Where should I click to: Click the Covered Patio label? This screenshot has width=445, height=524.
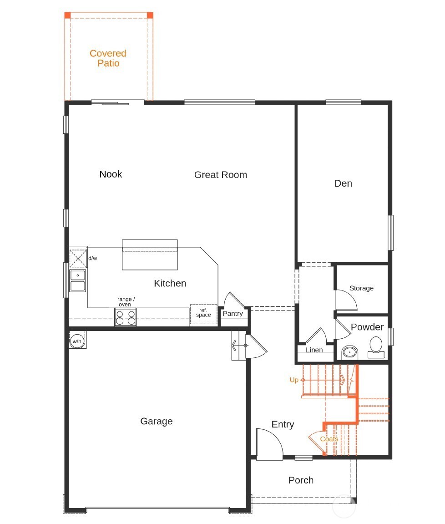click(x=108, y=58)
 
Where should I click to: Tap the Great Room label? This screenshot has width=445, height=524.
click(x=220, y=175)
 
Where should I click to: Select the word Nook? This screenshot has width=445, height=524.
click(x=111, y=174)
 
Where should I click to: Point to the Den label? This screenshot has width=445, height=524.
click(x=343, y=183)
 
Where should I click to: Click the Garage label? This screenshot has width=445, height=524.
click(x=156, y=422)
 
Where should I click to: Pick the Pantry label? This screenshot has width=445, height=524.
click(x=233, y=314)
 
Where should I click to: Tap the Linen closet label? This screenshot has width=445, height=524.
click(x=314, y=350)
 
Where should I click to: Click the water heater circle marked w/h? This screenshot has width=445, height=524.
click(x=76, y=341)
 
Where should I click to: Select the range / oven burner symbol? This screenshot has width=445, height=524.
click(x=125, y=317)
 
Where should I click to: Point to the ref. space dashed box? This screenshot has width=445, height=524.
click(x=203, y=314)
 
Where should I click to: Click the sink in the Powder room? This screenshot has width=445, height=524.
click(x=349, y=352)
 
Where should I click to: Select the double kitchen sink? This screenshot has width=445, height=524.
click(x=77, y=280)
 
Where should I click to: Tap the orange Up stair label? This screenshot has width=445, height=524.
click(x=294, y=380)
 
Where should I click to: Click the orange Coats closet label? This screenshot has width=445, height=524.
click(x=329, y=439)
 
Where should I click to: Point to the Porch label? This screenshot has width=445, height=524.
click(x=301, y=480)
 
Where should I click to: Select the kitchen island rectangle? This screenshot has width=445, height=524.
click(x=150, y=254)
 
